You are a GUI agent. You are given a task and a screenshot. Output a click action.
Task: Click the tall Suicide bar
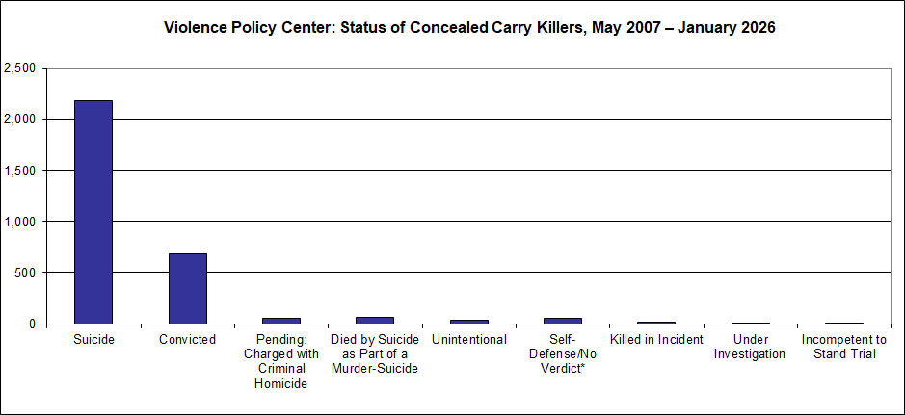click(x=93, y=212)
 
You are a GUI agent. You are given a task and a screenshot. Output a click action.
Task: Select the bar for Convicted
click(x=187, y=288)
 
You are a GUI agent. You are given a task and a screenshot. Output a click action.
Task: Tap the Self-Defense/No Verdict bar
click(x=563, y=321)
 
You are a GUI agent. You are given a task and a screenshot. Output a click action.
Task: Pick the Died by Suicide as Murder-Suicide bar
click(x=375, y=320)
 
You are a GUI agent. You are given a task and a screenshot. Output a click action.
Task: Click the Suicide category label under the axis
click(x=93, y=340)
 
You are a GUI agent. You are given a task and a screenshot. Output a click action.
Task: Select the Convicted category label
click(x=187, y=340)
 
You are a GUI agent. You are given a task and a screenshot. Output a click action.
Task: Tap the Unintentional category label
click(x=469, y=340)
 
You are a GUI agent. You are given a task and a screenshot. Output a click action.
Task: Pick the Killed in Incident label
click(x=657, y=340)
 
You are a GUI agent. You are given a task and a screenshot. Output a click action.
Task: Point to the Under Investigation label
click(x=751, y=347)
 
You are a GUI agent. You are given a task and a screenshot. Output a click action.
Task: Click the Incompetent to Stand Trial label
click(x=845, y=347)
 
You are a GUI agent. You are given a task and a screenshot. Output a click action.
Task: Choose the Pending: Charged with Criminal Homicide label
click(x=281, y=361)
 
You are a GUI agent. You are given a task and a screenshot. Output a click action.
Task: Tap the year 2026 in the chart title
click(x=758, y=28)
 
